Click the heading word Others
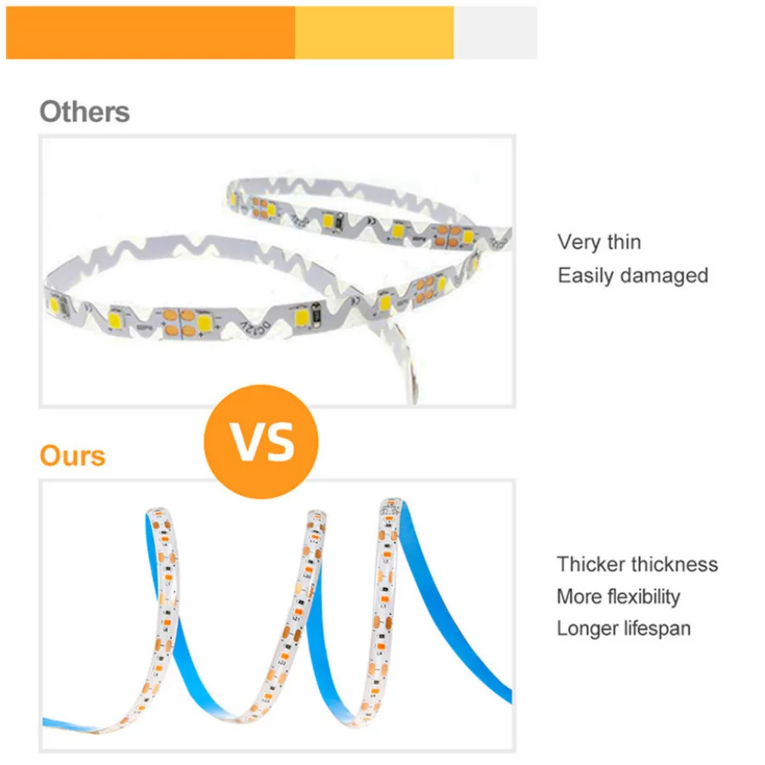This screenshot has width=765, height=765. click(x=85, y=112)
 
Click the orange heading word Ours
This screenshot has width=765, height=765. click(x=72, y=456)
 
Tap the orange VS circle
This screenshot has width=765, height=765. click(x=261, y=442)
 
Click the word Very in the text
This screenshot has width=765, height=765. click(x=579, y=243)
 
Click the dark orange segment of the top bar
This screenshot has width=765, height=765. click(x=151, y=33)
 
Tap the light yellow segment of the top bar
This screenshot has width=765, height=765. click(x=374, y=33)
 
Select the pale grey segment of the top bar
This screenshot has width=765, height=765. click(x=495, y=33)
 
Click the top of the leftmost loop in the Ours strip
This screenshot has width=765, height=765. click(x=158, y=510)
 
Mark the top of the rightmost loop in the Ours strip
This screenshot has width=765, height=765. click(x=390, y=502)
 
